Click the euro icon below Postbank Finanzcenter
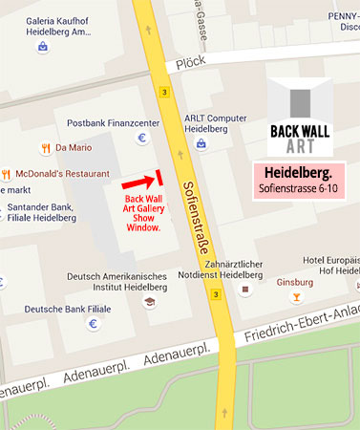143,138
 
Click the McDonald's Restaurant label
61,174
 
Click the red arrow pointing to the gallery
139,180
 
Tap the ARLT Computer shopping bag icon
201,143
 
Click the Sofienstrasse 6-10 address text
296,190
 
